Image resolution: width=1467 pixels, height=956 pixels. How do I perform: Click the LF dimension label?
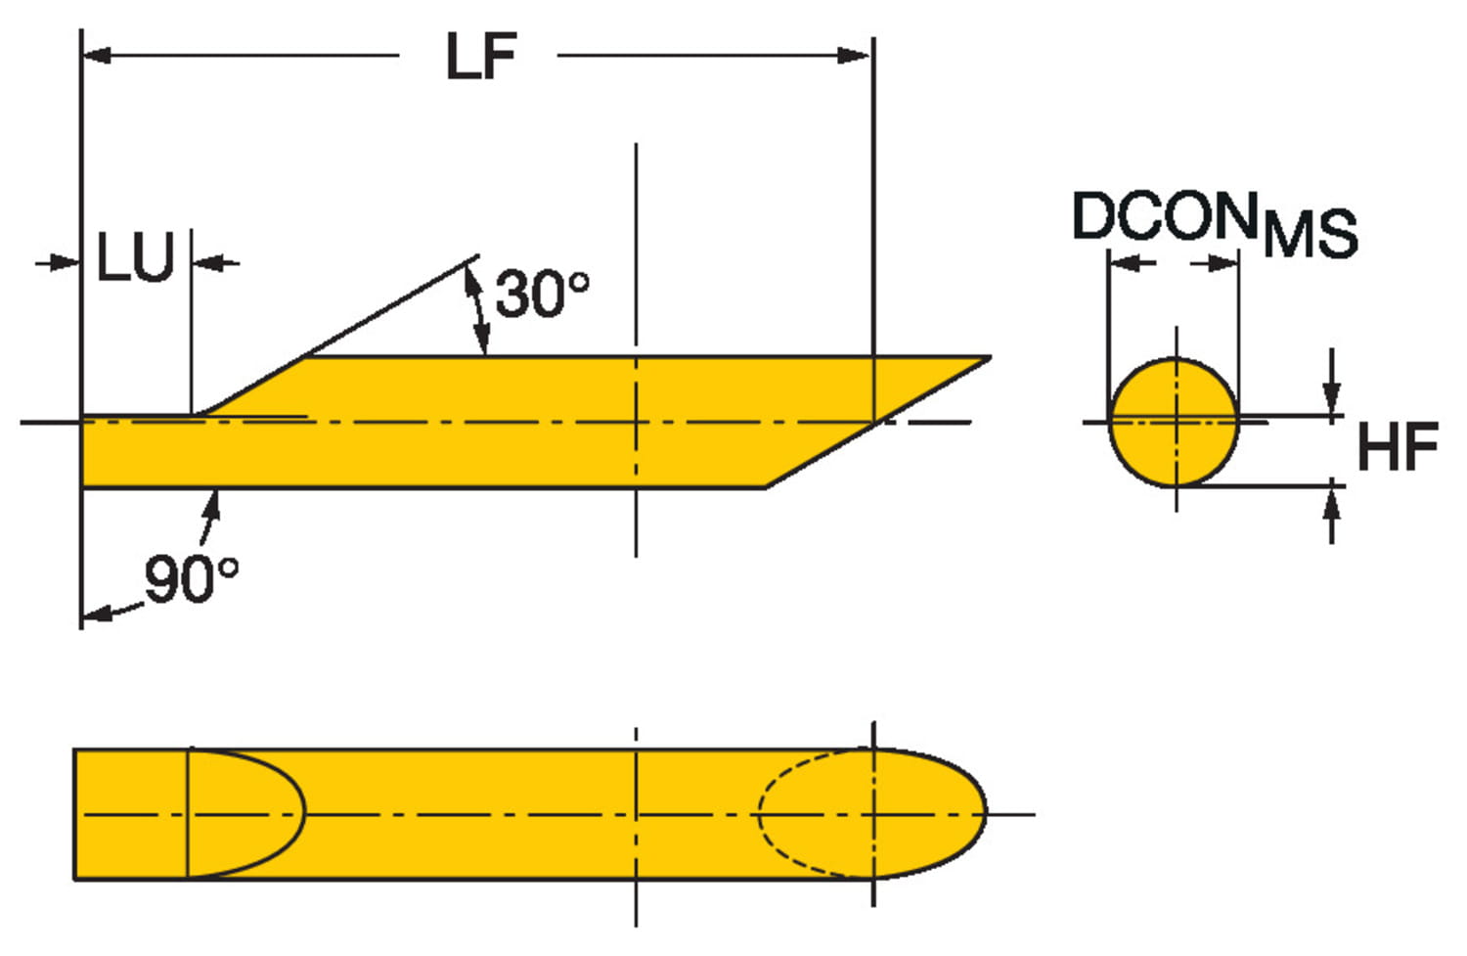click(x=480, y=56)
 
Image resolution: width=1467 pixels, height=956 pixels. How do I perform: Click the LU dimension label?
click(x=135, y=259)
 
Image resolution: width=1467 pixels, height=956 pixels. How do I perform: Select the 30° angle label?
click(x=542, y=293)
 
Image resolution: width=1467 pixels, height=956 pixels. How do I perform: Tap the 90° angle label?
click(x=192, y=578)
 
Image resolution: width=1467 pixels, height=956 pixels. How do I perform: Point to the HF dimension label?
click(x=1397, y=447)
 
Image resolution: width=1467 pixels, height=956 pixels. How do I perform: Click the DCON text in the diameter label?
click(x=1164, y=216)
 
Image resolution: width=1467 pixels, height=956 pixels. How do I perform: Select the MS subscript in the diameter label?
click(x=1310, y=234)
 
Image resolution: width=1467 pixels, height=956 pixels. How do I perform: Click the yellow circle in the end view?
click(x=1174, y=422)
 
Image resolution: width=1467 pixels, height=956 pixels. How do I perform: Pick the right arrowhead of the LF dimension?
click(x=857, y=56)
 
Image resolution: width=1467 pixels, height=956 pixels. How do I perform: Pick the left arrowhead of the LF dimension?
click(x=96, y=56)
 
